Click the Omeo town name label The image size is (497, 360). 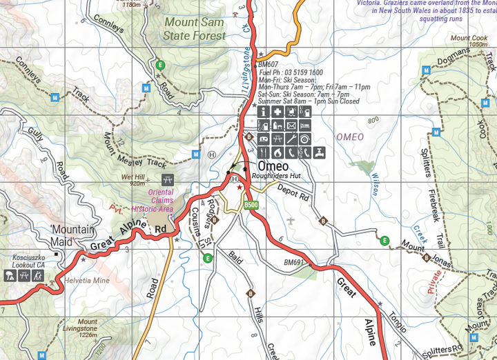click(273, 166)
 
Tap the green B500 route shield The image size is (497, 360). click(251, 205)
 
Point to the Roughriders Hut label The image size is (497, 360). click(273, 176)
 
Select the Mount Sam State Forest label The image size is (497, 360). click(195, 28)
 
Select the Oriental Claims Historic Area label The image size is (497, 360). click(157, 201)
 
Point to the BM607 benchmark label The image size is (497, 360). click(268, 64)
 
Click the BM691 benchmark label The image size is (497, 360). click(294, 262)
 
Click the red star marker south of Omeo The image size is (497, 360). click(240, 187)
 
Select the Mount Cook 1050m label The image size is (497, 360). click(469, 41)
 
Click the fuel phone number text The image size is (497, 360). click(290, 72)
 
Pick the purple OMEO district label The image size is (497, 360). click(349, 137)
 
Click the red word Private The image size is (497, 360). click(433, 282)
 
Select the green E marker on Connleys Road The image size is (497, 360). click(160, 65)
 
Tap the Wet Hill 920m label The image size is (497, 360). click(133, 180)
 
